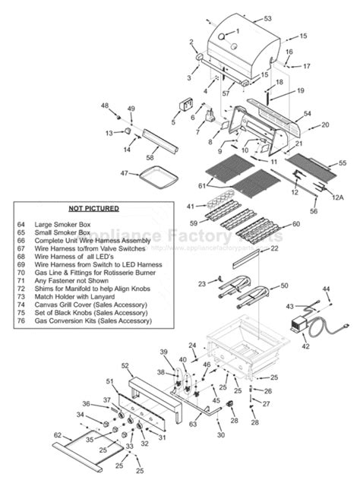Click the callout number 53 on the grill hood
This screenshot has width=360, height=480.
267,17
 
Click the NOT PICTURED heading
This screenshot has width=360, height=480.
94,207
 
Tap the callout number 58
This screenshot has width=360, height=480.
150,157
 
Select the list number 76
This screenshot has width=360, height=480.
21,321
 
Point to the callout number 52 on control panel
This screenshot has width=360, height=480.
125,366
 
